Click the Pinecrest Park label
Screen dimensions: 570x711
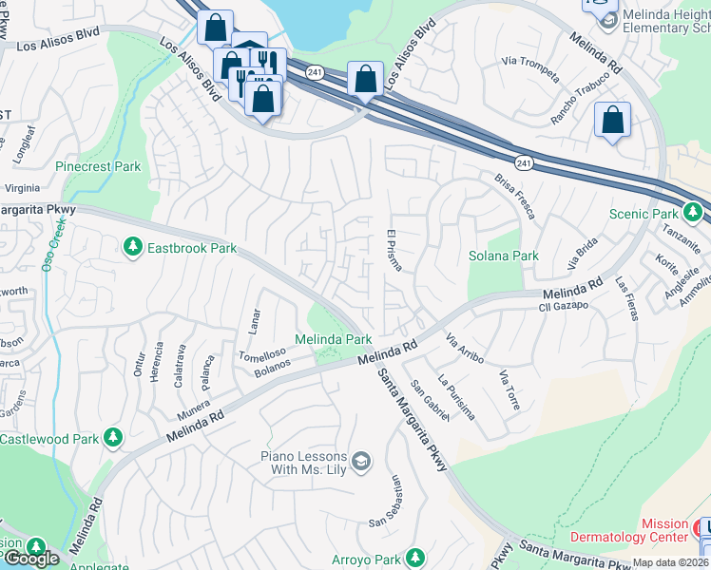coord(98,166)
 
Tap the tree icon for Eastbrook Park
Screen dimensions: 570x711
coord(132,247)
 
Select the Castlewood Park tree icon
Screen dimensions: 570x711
coord(113,438)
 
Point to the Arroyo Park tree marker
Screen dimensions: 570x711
coord(414,557)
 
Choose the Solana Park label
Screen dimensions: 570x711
coord(503,256)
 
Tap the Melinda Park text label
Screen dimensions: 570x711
coord(333,338)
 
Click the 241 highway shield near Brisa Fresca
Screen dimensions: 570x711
coord(525,163)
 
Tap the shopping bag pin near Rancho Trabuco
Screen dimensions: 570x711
coord(613,121)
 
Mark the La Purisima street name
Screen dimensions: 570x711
coord(456,397)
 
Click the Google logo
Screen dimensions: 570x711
coord(30,559)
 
